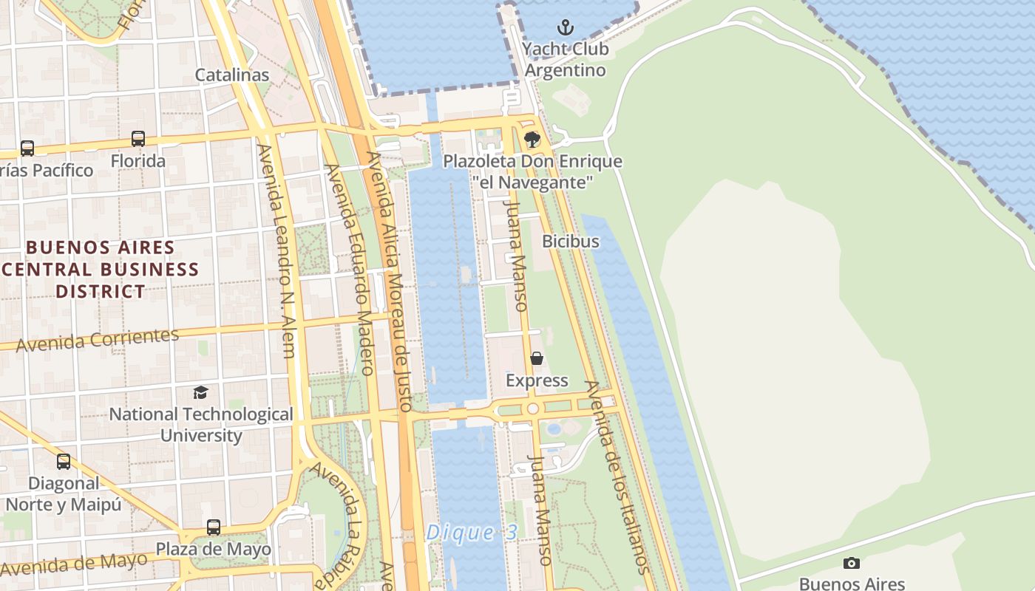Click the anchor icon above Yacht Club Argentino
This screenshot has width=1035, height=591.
click(565, 28)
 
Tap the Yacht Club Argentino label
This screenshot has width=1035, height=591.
click(565, 60)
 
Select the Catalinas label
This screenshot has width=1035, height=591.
click(232, 75)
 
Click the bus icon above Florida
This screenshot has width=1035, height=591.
click(138, 138)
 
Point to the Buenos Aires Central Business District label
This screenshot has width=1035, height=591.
click(101, 269)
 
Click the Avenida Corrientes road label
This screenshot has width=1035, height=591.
click(98, 340)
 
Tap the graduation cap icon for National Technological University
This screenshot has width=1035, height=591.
click(200, 392)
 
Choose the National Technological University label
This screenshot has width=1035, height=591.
click(201, 425)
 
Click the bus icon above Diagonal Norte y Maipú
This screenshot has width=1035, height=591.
click(64, 462)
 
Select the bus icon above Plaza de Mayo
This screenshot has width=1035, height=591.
click(213, 527)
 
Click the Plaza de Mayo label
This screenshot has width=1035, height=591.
click(213, 550)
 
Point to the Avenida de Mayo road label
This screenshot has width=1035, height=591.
click(74, 565)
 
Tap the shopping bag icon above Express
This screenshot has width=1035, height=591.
click(537, 358)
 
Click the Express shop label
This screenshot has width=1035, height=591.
click(537, 380)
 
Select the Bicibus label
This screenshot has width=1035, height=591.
click(571, 241)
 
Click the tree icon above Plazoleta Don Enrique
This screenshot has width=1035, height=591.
click(532, 139)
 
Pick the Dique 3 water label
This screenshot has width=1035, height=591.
click(472, 533)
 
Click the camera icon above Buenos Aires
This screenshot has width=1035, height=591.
click(852, 563)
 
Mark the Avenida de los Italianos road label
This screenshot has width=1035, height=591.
click(617, 476)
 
